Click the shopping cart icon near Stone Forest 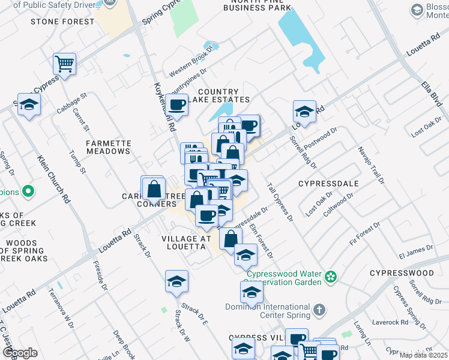point(64,63)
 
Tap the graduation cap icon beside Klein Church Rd point(28,104)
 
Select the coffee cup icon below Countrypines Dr point(176,105)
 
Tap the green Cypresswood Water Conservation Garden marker point(330,277)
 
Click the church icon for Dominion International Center point(321,310)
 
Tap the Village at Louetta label point(187,243)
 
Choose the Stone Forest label point(62,22)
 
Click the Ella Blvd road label point(432,96)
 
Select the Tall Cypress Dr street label point(279,203)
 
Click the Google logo point(20,353)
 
